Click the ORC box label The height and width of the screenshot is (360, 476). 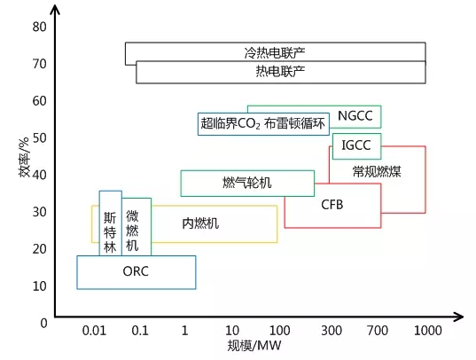point(136,271)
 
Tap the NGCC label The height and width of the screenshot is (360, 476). point(355,116)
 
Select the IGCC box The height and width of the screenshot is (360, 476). point(356,146)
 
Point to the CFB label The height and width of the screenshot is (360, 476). point(332,205)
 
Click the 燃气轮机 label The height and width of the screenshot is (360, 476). point(247,183)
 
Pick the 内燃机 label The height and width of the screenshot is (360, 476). point(200,223)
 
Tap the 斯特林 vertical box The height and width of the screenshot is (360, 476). point(111,223)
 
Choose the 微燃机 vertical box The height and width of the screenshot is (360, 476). point(137,227)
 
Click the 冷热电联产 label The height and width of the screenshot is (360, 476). point(275,53)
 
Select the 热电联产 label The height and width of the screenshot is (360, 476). point(280,72)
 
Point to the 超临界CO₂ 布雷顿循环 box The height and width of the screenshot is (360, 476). point(263,124)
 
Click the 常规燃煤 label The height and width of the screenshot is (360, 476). point(377,171)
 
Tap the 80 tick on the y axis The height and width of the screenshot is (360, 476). point(40,27)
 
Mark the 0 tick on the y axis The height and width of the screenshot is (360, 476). point(43,323)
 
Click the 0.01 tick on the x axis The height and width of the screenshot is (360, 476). point(94,331)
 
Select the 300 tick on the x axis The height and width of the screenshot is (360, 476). point(332,331)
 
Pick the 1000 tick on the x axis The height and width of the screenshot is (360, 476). point(428,331)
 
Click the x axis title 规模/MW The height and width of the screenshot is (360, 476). point(254,346)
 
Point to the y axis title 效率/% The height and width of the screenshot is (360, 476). point(24,157)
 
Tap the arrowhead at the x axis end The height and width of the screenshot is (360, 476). point(459,317)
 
